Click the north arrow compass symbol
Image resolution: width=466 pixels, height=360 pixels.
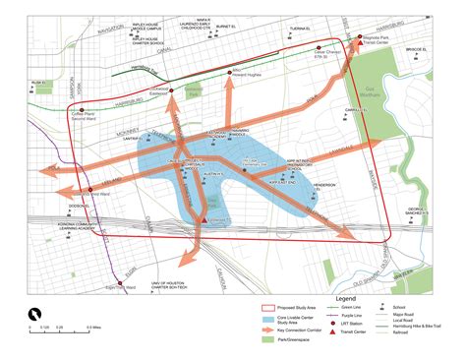(x=34, y=313)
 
